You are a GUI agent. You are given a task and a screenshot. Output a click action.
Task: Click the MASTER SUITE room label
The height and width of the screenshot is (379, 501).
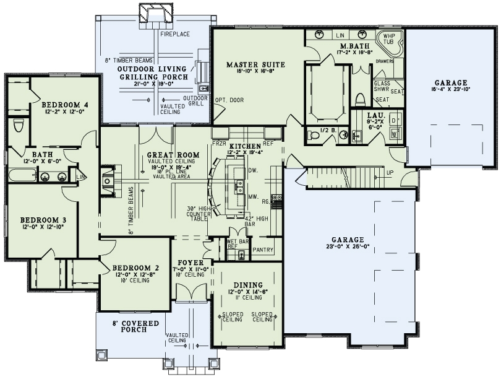click(255, 64)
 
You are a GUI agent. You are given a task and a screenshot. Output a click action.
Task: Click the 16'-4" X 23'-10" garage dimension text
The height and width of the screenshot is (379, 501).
click(450, 90)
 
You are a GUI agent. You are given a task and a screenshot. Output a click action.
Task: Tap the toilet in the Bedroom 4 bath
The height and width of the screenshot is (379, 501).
click(17, 127)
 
